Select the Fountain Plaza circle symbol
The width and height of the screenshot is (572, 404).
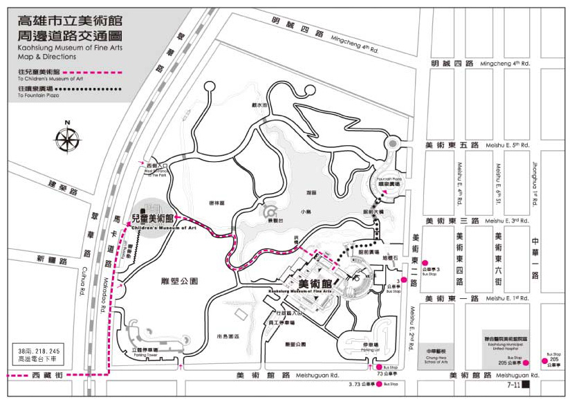(x=392, y=144)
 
